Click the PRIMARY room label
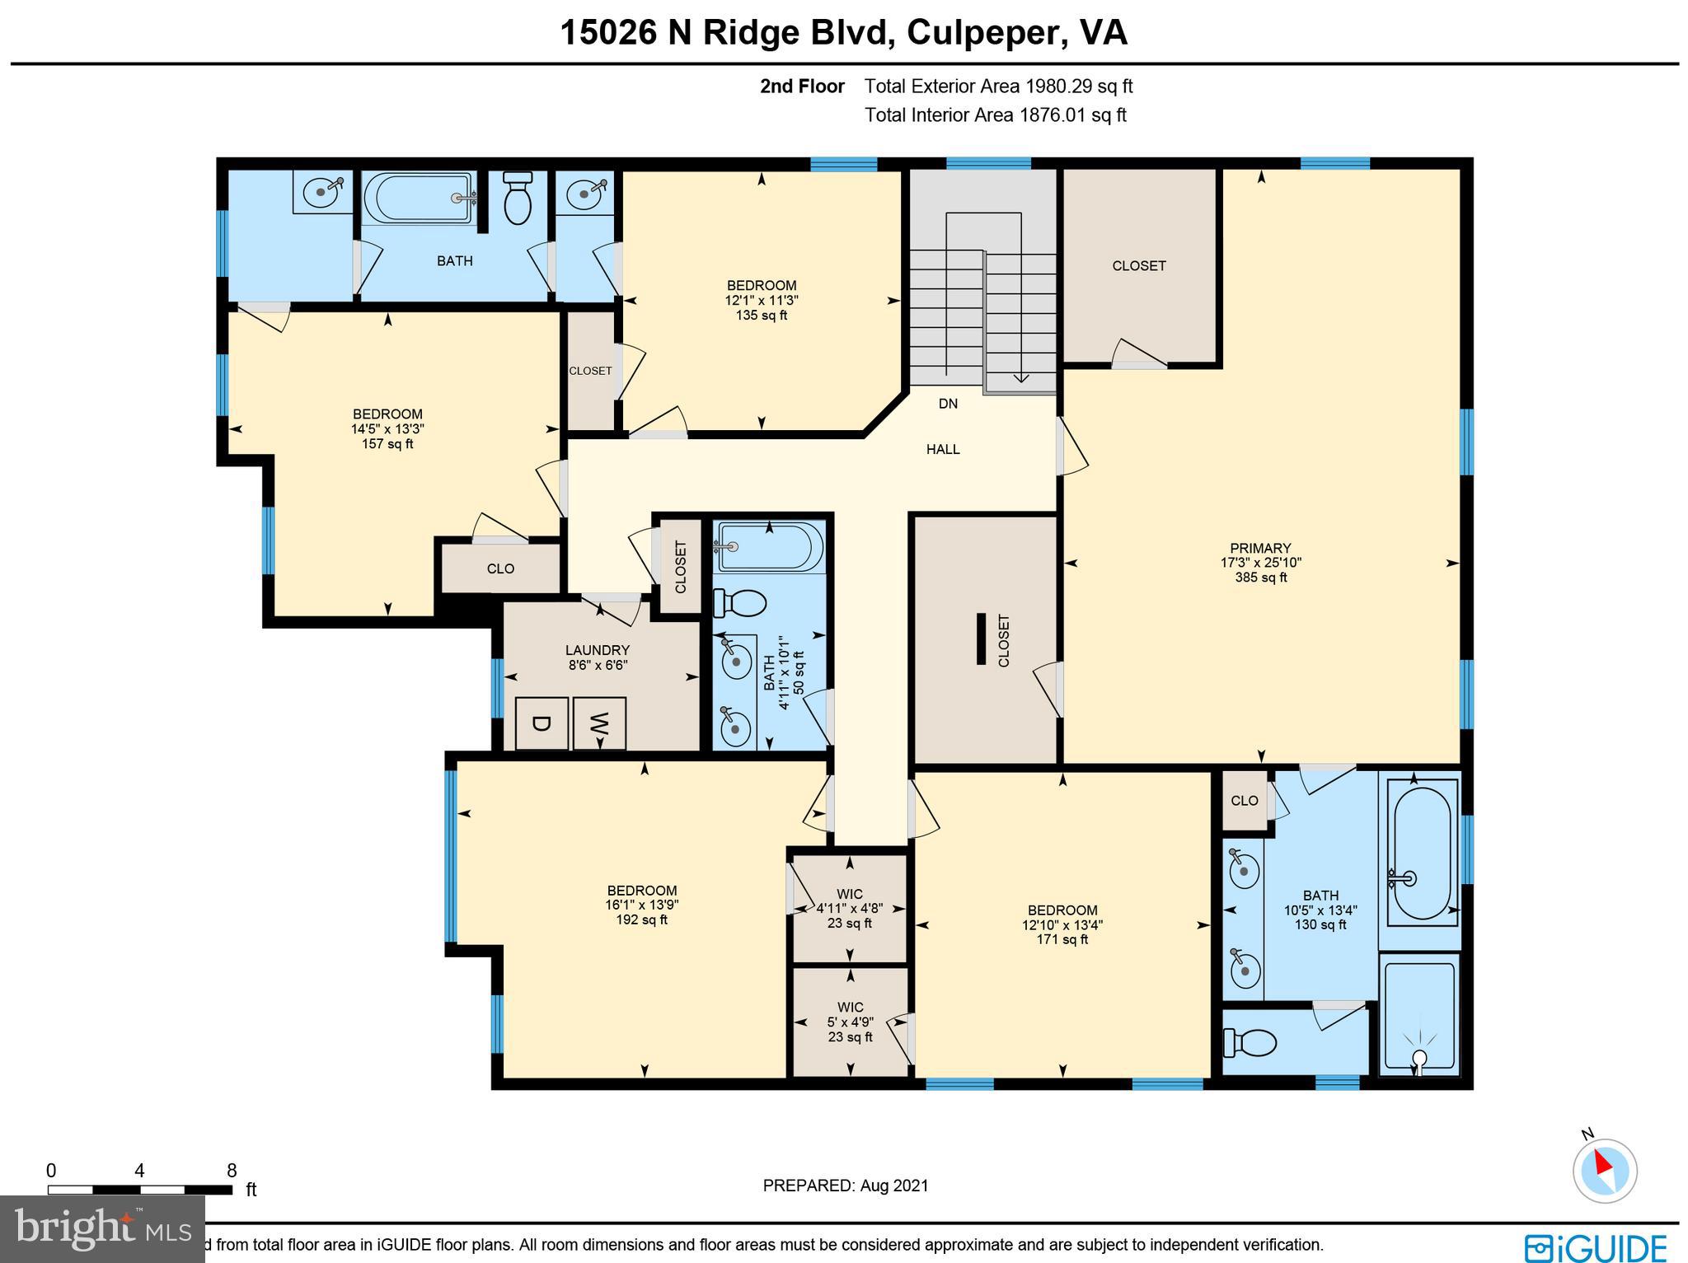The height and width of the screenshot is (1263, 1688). tap(1260, 549)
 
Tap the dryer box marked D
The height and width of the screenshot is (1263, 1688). tap(542, 723)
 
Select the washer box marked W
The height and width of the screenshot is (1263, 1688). tap(599, 723)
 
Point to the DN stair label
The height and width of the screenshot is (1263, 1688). tap(948, 404)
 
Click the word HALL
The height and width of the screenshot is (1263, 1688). tap(943, 450)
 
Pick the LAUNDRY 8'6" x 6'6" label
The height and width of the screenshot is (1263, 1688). tap(598, 657)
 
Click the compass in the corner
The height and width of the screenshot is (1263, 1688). tap(1604, 1170)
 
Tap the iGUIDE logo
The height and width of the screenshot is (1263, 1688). tap(1595, 1246)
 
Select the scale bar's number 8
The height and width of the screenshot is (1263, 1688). tap(232, 1171)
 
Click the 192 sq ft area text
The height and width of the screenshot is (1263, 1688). tap(641, 920)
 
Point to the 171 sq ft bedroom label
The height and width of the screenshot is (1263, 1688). tap(1062, 939)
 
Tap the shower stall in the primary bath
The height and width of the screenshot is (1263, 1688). tap(1419, 1015)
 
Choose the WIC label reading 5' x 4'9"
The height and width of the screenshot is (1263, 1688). tap(850, 1022)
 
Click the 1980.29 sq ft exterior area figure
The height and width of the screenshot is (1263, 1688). tap(1079, 87)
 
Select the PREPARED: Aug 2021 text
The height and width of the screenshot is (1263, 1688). tap(845, 1186)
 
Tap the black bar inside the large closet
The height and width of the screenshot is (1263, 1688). tap(981, 639)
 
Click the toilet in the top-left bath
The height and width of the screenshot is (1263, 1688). tap(518, 200)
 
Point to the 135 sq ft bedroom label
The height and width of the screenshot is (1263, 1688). tap(761, 316)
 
